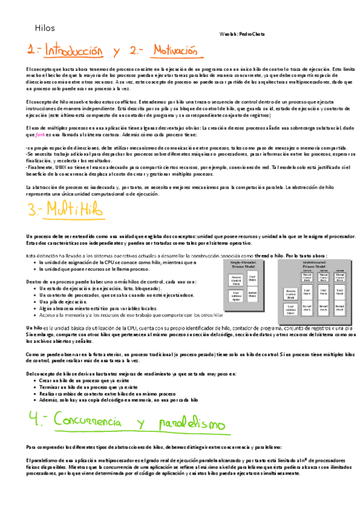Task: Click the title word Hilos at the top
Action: (x=45, y=28)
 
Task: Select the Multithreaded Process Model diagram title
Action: (x=313, y=264)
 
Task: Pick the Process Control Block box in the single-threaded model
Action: (x=237, y=279)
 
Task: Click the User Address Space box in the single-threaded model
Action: (x=237, y=296)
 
